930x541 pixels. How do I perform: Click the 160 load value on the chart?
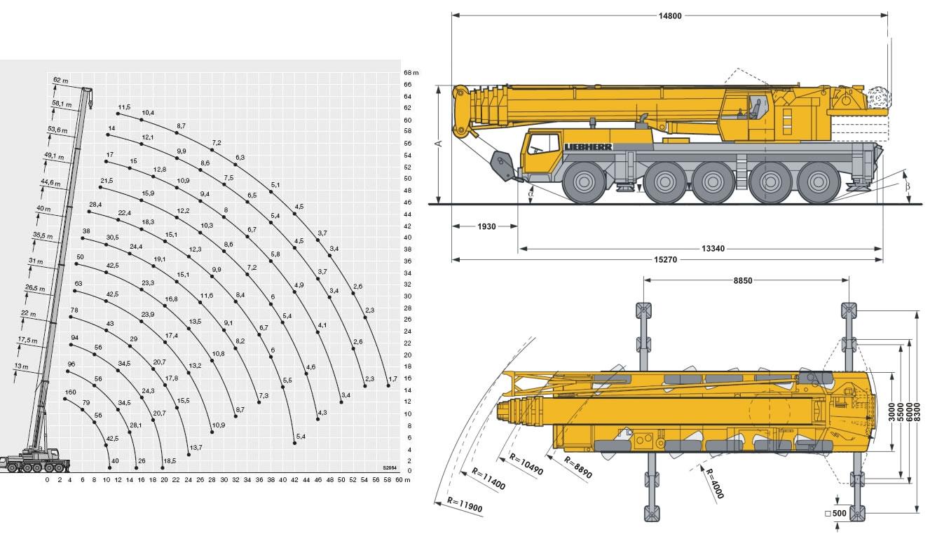70,392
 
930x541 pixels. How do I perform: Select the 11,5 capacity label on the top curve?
125,106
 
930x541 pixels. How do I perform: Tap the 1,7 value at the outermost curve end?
392,378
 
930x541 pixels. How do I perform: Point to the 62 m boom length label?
60,80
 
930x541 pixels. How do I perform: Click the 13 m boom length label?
21,367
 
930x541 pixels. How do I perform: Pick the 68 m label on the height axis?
411,72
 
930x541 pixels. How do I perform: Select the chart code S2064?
390,467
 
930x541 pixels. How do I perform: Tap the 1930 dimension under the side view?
486,226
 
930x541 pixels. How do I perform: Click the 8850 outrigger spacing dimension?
744,280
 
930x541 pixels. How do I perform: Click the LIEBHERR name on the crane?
588,146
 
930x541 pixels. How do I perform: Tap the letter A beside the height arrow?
439,144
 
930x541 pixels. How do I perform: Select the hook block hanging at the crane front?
502,166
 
